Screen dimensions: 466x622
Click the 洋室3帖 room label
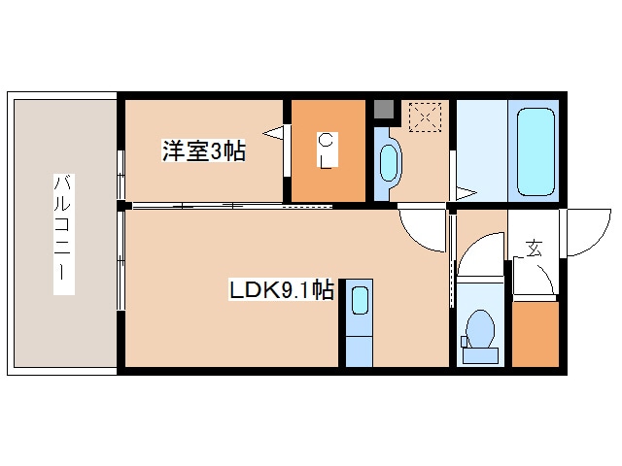coord(203,150)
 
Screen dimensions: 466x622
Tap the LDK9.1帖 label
coord(283,289)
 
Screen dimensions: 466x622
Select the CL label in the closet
coord(328,151)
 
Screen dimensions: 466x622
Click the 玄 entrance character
coord(534,248)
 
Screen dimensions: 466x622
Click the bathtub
coord(535,151)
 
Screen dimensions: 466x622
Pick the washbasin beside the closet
coord(389,162)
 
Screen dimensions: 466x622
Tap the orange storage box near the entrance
coord(535,334)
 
